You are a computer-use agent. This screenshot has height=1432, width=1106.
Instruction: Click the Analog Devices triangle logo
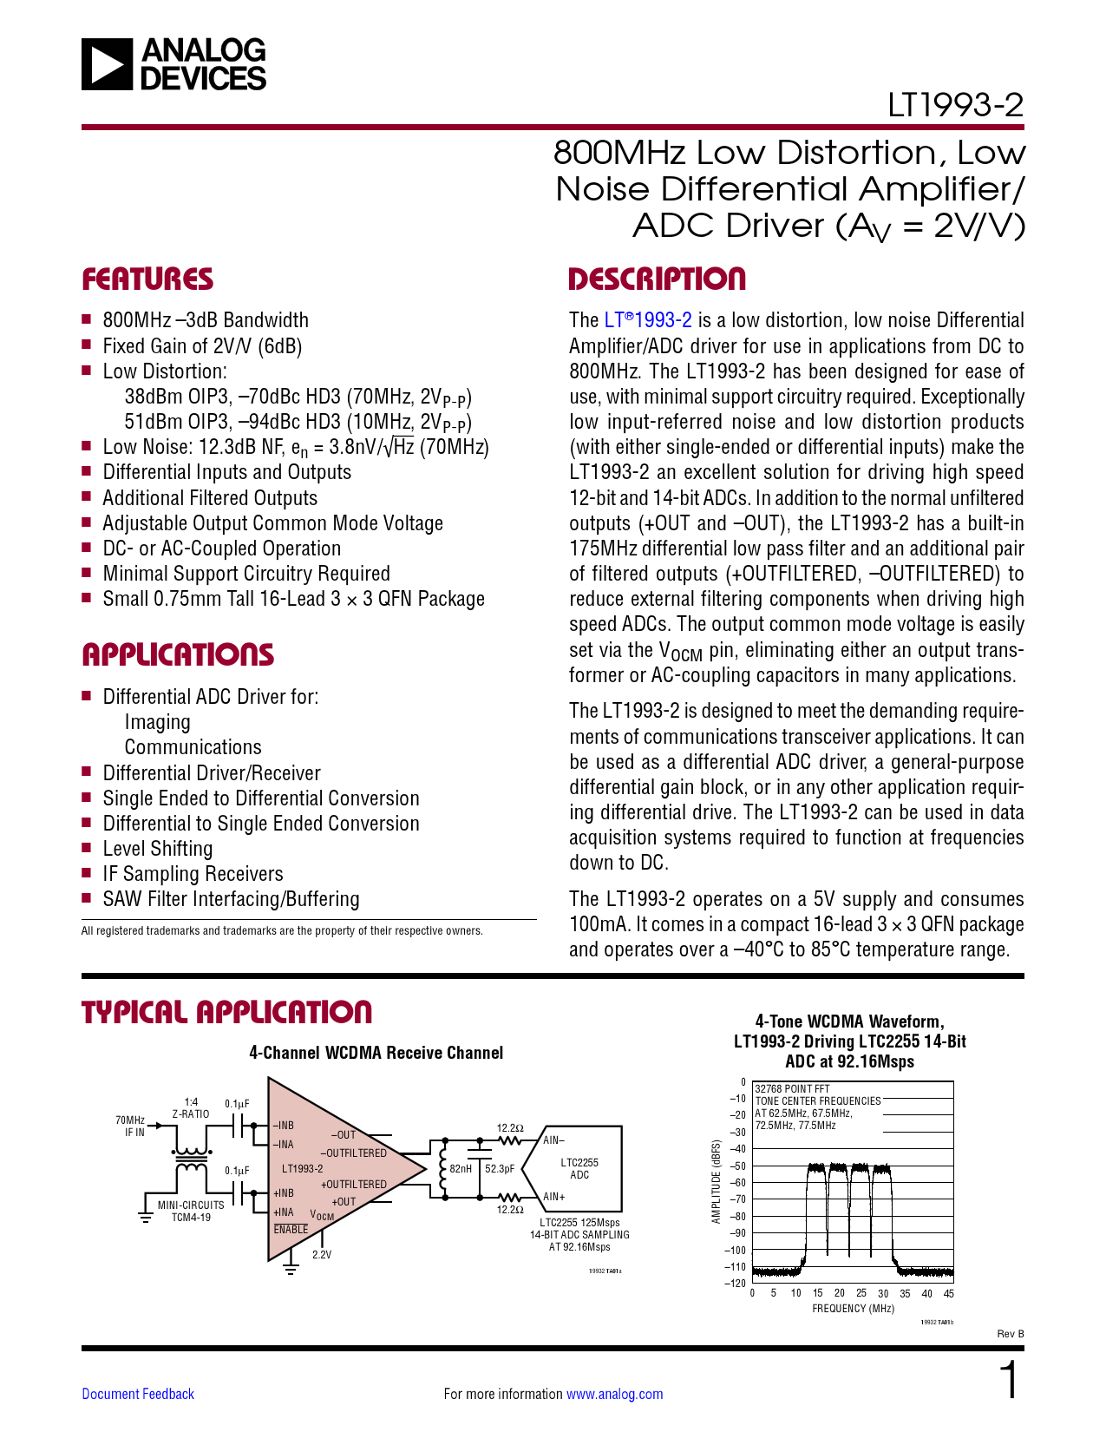pyautogui.click(x=108, y=64)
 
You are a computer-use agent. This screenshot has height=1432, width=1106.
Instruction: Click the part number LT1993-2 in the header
pyautogui.click(x=955, y=106)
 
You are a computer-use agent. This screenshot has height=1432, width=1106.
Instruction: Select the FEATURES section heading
pyautogui.click(x=147, y=279)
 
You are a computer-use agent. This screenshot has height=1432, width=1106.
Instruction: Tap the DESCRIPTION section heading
pyautogui.click(x=657, y=279)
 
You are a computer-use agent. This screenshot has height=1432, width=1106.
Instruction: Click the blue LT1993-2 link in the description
pyautogui.click(x=648, y=320)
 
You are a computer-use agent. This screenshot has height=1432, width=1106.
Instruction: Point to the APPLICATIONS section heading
pyautogui.click(x=178, y=655)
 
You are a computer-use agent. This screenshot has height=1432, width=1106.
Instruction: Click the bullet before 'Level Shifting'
pyautogui.click(x=87, y=848)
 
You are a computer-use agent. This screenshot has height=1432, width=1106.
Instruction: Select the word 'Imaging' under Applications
pyautogui.click(x=157, y=722)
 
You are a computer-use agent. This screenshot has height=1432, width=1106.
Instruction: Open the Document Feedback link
pyautogui.click(x=138, y=1394)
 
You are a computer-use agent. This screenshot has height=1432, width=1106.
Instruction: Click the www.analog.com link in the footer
pyautogui.click(x=614, y=1394)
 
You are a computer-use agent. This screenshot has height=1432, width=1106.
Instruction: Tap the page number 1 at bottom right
pyautogui.click(x=1009, y=1381)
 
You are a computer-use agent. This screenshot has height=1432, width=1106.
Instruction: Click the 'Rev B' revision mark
pyautogui.click(x=1010, y=1334)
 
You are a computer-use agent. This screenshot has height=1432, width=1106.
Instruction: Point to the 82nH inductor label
pyautogui.click(x=461, y=1169)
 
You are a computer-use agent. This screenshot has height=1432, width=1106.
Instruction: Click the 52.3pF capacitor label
pyautogui.click(x=500, y=1169)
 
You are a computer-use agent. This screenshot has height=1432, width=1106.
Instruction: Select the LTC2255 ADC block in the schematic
pyautogui.click(x=579, y=1169)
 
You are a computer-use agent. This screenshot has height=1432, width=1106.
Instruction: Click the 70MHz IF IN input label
pyautogui.click(x=131, y=1127)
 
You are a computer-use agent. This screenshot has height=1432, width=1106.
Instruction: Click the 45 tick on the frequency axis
pyautogui.click(x=949, y=1294)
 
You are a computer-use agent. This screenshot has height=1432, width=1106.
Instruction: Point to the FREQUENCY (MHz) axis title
pyautogui.click(x=853, y=1309)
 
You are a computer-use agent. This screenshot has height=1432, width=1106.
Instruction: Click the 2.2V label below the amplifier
pyautogui.click(x=322, y=1255)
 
